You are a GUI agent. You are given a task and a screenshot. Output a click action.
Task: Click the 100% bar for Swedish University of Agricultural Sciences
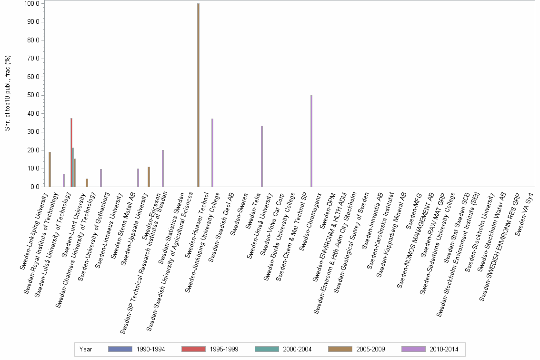tap(198, 95)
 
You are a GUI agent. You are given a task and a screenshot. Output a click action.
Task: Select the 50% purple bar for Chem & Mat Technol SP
tap(311, 141)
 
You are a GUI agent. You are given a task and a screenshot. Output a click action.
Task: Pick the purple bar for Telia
tap(262, 156)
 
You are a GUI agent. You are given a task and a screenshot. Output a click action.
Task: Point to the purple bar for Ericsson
tap(163, 169)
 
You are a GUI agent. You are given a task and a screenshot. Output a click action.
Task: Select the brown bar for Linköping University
tap(50, 170)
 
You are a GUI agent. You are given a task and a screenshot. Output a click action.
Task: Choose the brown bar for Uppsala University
tap(149, 177)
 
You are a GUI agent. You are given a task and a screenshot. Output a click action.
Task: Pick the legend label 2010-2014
tap(443, 350)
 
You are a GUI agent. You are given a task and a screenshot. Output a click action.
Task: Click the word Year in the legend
tap(86, 350)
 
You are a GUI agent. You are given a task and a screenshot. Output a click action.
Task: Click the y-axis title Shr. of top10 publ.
tap(8, 95)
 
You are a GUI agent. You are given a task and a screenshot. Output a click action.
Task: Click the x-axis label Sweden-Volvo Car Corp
tap(273, 219)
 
